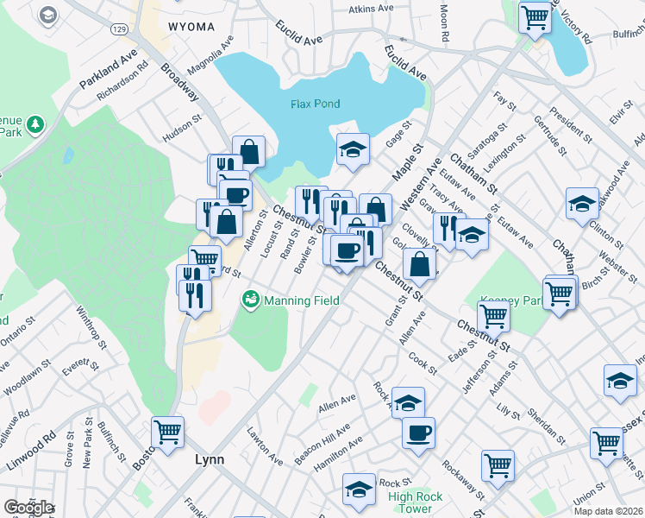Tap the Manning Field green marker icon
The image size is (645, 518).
tap(250, 300)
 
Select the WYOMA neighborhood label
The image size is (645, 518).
tap(191, 27)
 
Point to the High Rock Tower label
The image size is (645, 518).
tap(410, 502)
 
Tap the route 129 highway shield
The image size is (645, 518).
tap(119, 29)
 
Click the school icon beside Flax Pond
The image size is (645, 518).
tap(352, 149)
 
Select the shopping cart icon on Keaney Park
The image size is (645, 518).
tap(493, 315)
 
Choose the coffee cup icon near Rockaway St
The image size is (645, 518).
tap(418, 433)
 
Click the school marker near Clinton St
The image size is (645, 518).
tap(583, 204)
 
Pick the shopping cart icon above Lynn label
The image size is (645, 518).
tap(167, 432)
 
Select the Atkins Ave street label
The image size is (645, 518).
tap(371, 9)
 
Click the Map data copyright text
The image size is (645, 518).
tap(609, 511)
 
